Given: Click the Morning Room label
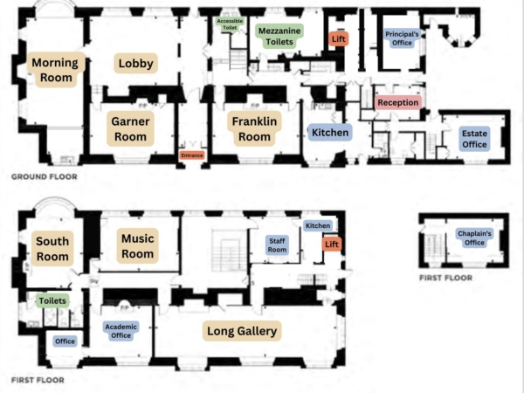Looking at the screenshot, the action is click(x=56, y=70).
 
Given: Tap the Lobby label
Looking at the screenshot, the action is click(x=135, y=63).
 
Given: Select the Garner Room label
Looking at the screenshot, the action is click(x=130, y=129).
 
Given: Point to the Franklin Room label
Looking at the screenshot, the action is click(x=254, y=129).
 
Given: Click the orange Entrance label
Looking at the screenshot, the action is click(x=192, y=155).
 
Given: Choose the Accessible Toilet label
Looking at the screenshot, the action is click(x=230, y=24).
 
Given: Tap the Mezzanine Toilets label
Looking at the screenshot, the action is click(x=279, y=36).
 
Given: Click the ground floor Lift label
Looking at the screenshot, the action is click(x=339, y=38).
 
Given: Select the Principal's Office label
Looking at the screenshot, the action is click(x=402, y=38).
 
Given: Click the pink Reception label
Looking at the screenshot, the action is click(x=398, y=102).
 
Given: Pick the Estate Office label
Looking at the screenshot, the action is click(x=474, y=139).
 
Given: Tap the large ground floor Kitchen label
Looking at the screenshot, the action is click(x=330, y=133).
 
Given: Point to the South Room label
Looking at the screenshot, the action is click(x=52, y=249).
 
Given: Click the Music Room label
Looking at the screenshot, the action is click(x=137, y=246).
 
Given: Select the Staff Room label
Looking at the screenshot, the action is click(x=277, y=245).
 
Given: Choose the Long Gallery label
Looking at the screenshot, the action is click(x=242, y=331).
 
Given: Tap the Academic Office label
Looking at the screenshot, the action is click(x=121, y=331).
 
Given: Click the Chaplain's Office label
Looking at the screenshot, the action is click(x=474, y=238).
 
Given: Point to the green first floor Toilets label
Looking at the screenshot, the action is click(x=52, y=300).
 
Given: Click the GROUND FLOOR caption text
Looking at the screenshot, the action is click(x=45, y=176).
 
